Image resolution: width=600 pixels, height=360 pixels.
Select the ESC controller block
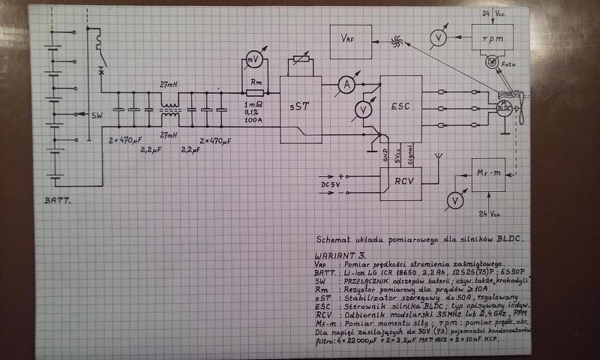click(x=400, y=108)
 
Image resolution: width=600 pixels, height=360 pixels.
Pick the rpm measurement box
click(x=492, y=37)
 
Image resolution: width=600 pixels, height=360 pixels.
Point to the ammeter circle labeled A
click(x=346, y=85)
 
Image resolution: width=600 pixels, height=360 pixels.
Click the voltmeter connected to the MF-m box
click(x=453, y=199)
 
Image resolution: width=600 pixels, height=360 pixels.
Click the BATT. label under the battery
click(x=57, y=201)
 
